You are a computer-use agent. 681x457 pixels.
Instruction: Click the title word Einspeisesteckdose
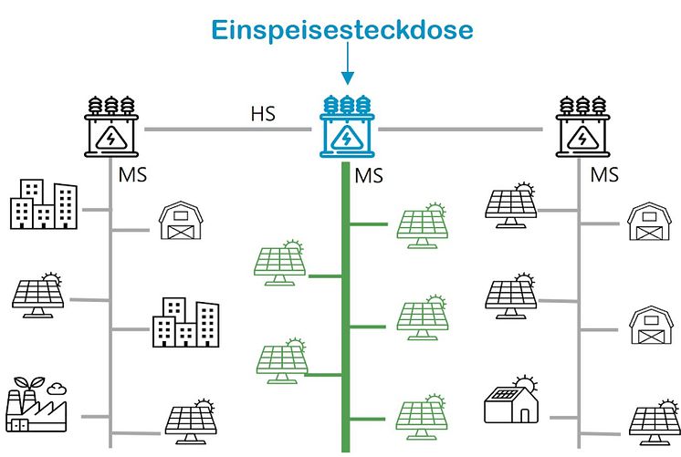342,30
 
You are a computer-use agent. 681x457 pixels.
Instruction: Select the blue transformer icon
346,129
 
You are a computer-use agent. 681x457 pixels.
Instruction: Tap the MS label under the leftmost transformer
132,173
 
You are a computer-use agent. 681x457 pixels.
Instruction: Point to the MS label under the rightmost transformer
604,173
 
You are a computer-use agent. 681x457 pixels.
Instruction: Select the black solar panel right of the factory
189,420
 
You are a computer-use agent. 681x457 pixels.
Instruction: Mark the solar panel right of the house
654,421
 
